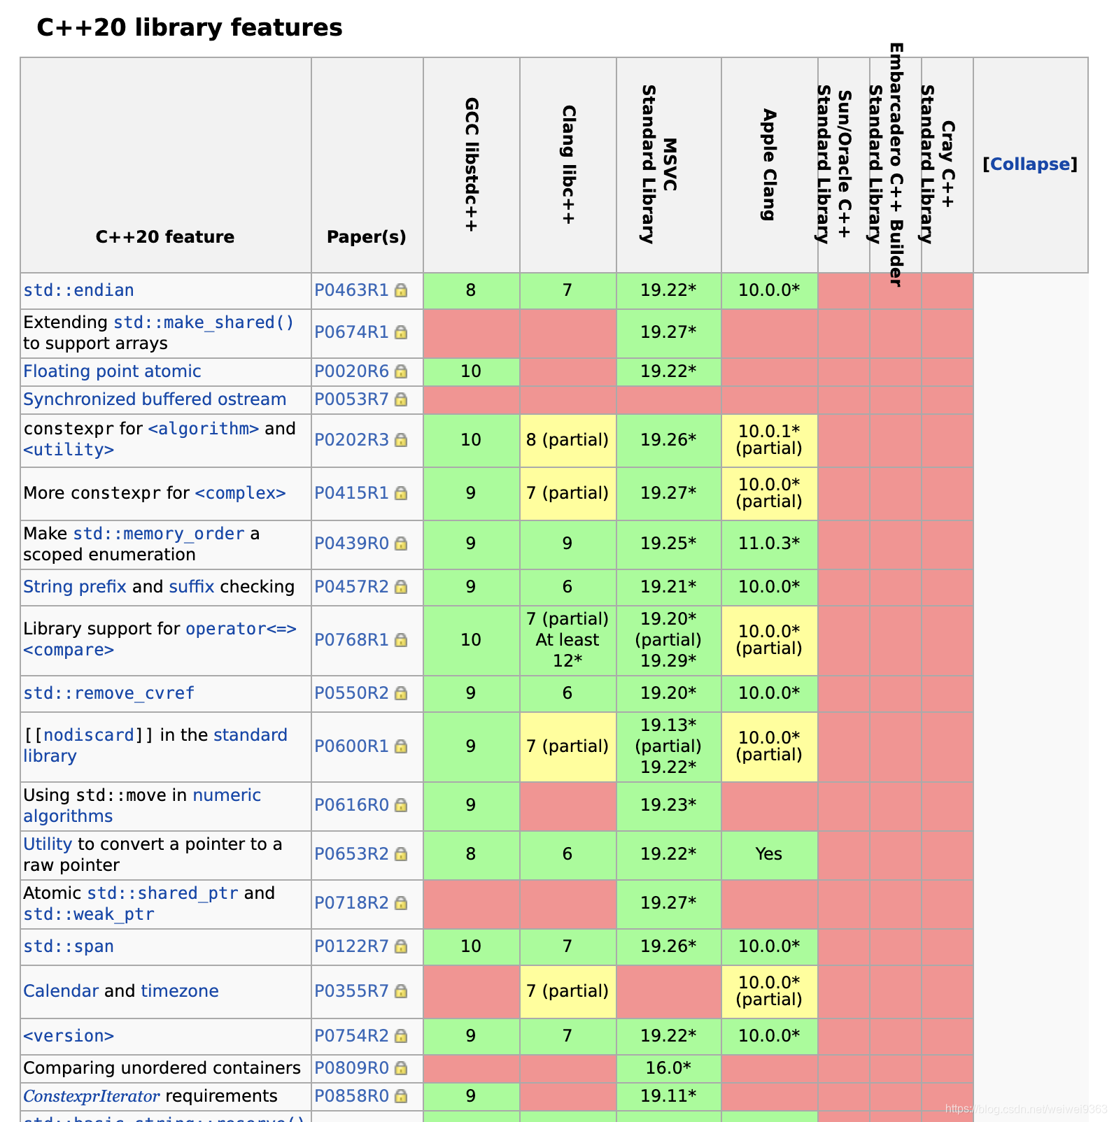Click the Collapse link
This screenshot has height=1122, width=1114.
[x=1030, y=164]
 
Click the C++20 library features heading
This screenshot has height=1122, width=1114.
[x=189, y=28]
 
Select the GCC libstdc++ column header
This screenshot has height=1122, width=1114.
[x=472, y=165]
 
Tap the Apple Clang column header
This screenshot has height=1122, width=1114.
[x=769, y=165]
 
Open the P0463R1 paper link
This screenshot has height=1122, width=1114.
[x=351, y=290]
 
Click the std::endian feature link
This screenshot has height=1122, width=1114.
[x=78, y=290]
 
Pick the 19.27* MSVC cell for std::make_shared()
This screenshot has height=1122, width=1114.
[x=668, y=332]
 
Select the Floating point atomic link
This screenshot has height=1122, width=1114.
[x=112, y=371]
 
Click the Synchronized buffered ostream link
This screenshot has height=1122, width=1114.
[x=155, y=399]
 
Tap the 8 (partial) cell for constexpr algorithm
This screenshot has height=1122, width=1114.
[x=567, y=440]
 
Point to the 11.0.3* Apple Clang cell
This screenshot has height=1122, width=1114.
[x=769, y=544]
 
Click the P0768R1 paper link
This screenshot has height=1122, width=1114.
[x=351, y=640]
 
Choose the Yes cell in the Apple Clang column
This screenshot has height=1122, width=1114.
[x=769, y=854]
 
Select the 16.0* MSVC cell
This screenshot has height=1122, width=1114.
[x=668, y=1068]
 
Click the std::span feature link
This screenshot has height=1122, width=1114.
[x=69, y=946]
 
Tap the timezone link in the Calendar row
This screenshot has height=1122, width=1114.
[x=180, y=991]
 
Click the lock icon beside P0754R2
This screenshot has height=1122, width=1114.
[x=401, y=1036]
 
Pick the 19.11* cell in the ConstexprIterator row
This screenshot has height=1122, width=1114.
[x=668, y=1096]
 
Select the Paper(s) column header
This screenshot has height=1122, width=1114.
[x=366, y=237]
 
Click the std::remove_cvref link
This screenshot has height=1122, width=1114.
[x=108, y=693]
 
